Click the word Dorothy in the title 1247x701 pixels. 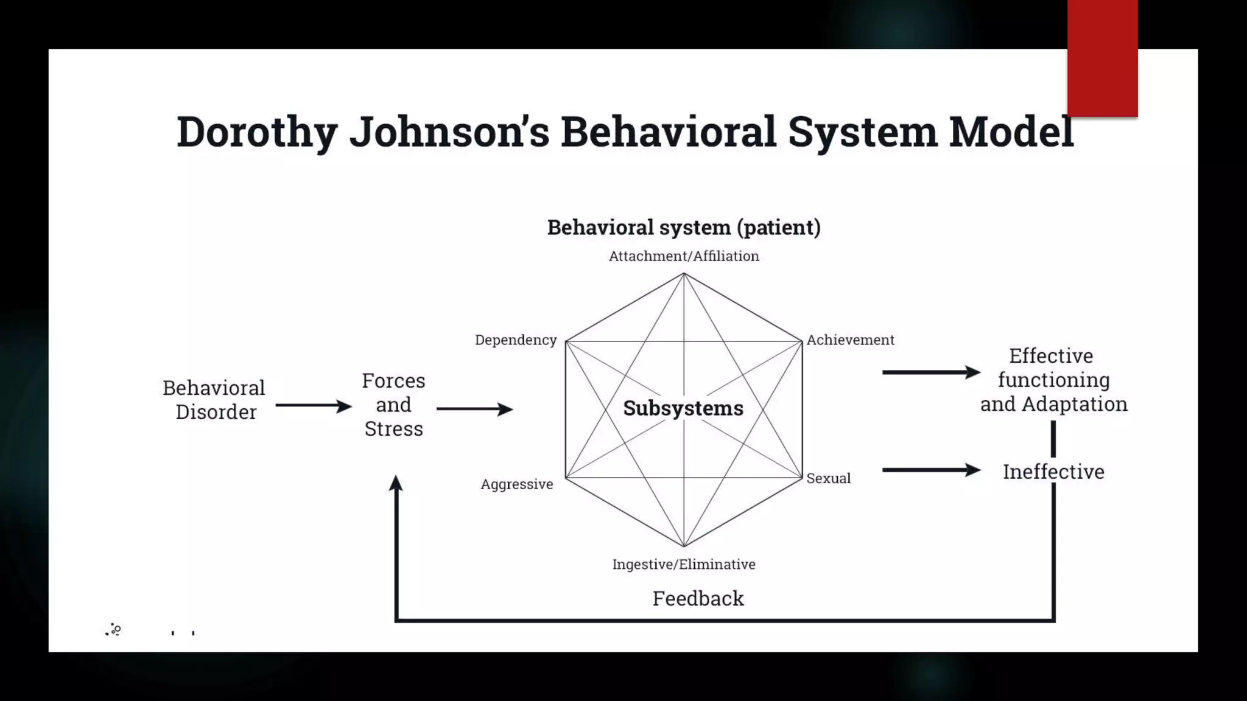(x=256, y=132)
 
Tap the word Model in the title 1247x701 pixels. (x=1011, y=132)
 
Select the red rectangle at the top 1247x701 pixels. (x=1102, y=58)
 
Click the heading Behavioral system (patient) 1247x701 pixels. (x=684, y=228)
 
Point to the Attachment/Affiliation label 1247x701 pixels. (x=684, y=256)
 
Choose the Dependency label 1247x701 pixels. (x=516, y=340)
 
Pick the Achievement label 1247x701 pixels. (x=850, y=340)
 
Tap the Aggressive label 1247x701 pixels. (x=517, y=484)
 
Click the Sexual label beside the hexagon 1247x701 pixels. (x=828, y=479)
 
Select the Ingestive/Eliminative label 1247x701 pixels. (x=684, y=565)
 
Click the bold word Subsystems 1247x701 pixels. (x=683, y=408)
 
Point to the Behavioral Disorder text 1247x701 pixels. (x=214, y=400)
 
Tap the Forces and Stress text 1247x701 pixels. (x=393, y=405)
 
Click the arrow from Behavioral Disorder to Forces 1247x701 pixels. (x=314, y=405)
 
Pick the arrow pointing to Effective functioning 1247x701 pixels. (x=931, y=372)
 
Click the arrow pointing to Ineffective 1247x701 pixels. (x=931, y=470)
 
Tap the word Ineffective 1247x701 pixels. (x=1053, y=472)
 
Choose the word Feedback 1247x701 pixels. (x=698, y=599)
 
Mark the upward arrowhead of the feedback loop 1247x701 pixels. (x=396, y=484)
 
